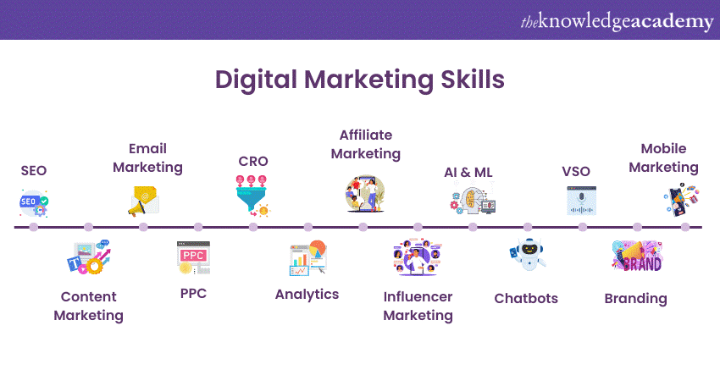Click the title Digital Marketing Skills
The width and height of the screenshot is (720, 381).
360,79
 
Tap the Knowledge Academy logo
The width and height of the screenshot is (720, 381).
617,21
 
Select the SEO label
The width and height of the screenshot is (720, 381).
34,171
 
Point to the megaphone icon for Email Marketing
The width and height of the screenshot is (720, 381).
143,202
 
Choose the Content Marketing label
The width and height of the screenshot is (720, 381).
88,306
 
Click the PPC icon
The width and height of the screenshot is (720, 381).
193,257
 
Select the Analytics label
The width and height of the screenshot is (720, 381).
307,295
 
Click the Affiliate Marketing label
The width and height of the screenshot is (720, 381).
366,144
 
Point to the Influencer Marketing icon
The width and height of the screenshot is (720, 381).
418,258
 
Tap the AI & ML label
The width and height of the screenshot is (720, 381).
468,173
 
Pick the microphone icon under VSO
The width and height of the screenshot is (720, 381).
582,201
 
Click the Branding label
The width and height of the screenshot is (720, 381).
635,298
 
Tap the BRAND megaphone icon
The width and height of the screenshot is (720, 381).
637,257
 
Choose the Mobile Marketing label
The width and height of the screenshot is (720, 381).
669,157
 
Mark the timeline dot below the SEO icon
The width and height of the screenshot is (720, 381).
34,227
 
